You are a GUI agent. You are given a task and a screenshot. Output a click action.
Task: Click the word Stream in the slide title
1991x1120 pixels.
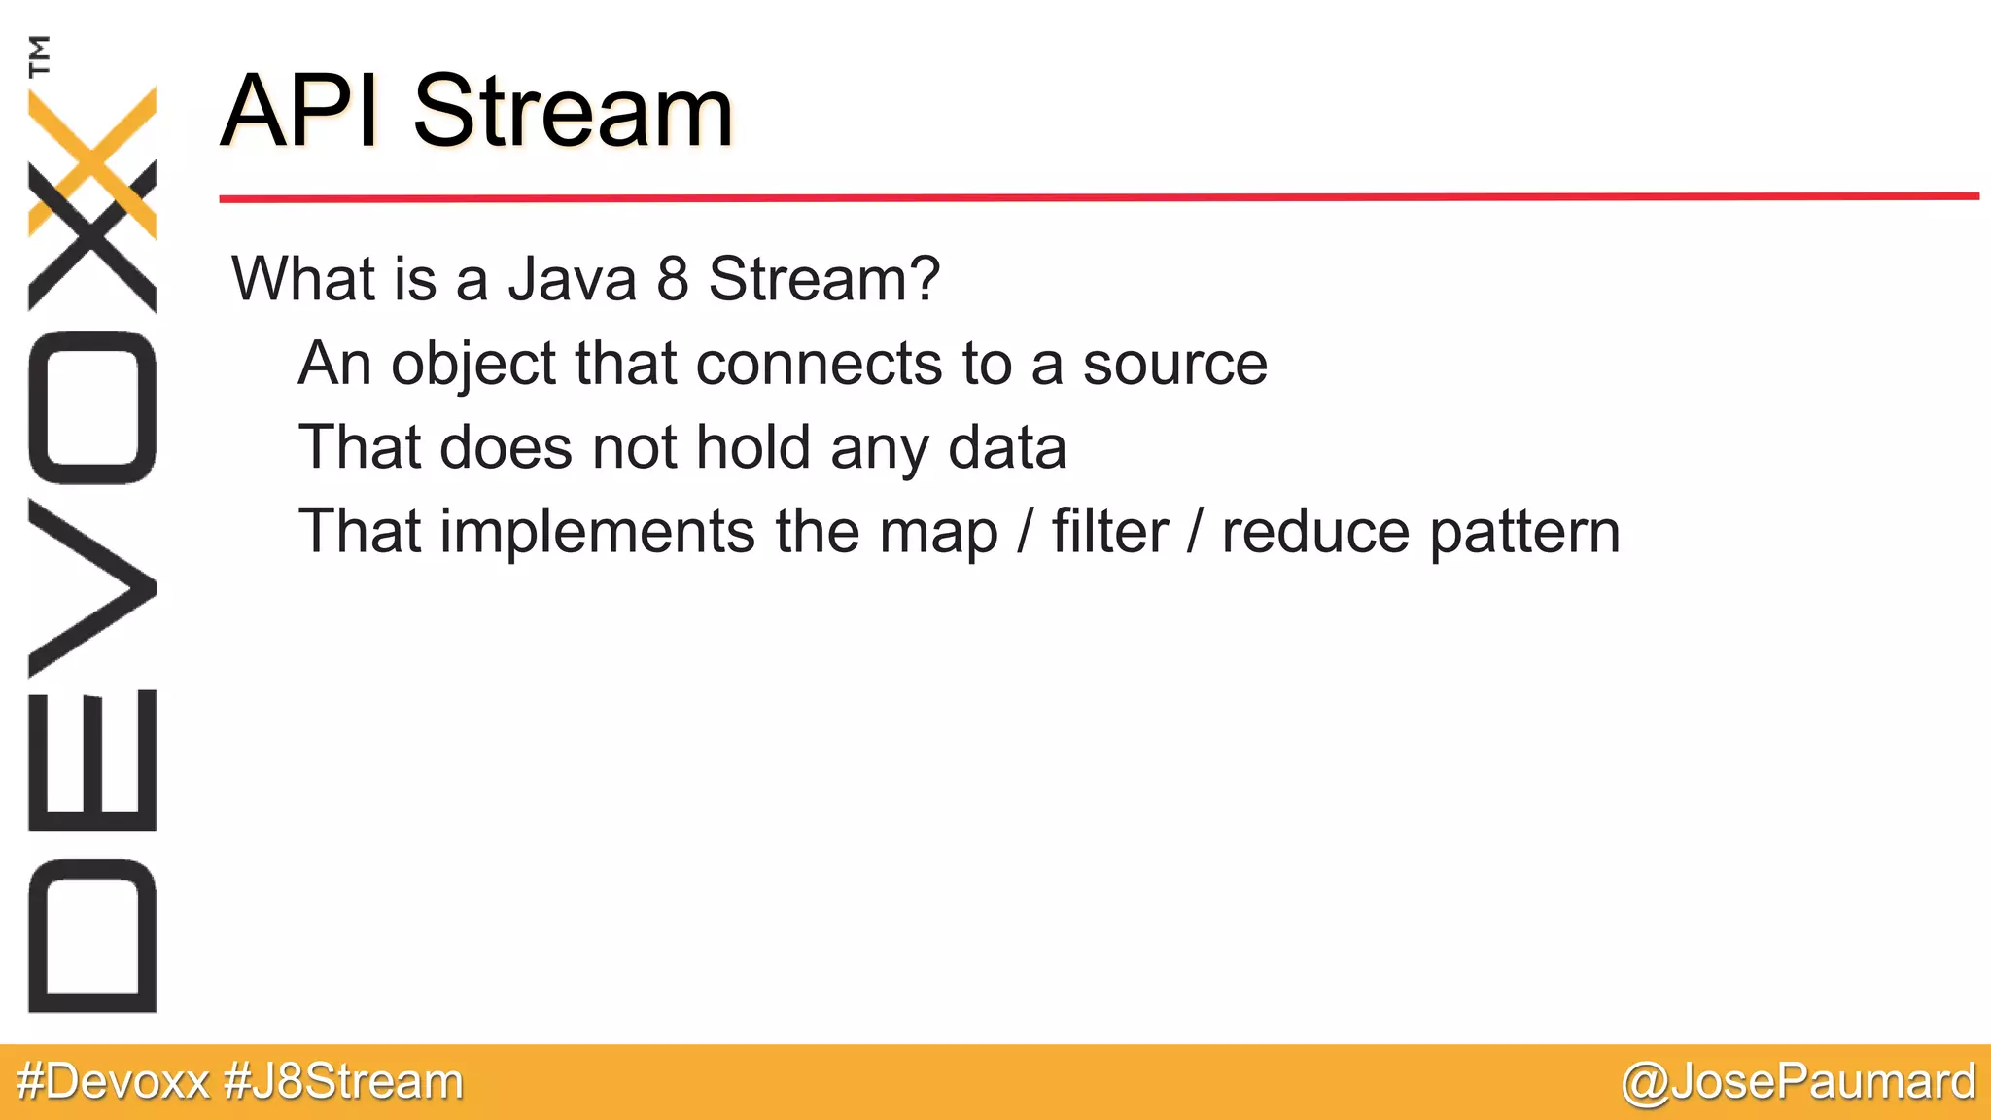(x=573, y=112)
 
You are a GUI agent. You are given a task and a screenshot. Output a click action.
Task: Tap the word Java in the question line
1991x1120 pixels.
(x=573, y=279)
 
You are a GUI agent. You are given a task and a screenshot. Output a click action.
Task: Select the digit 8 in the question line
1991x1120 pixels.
(x=673, y=279)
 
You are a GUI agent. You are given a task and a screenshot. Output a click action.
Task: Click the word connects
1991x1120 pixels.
(x=819, y=365)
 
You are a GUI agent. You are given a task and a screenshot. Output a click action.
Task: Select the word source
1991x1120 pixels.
(x=1174, y=365)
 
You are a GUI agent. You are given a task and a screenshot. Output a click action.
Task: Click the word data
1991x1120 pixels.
(x=1007, y=448)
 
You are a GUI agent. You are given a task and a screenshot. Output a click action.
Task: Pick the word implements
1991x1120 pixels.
(x=597, y=533)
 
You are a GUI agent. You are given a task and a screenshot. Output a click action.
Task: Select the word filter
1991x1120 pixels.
(x=1109, y=532)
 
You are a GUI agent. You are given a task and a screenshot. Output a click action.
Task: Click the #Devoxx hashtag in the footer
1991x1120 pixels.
(x=114, y=1082)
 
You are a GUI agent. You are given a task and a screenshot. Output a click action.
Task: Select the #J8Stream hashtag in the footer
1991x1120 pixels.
(x=343, y=1082)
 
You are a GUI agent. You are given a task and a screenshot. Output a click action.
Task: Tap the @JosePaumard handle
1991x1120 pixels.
(x=1799, y=1082)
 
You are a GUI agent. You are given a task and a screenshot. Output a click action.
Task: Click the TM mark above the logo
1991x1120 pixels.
(x=39, y=54)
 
